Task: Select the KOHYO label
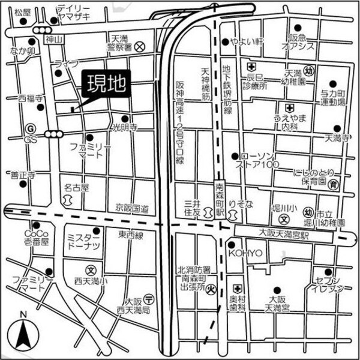245,253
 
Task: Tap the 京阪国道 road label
133,208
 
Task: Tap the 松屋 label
22,12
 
